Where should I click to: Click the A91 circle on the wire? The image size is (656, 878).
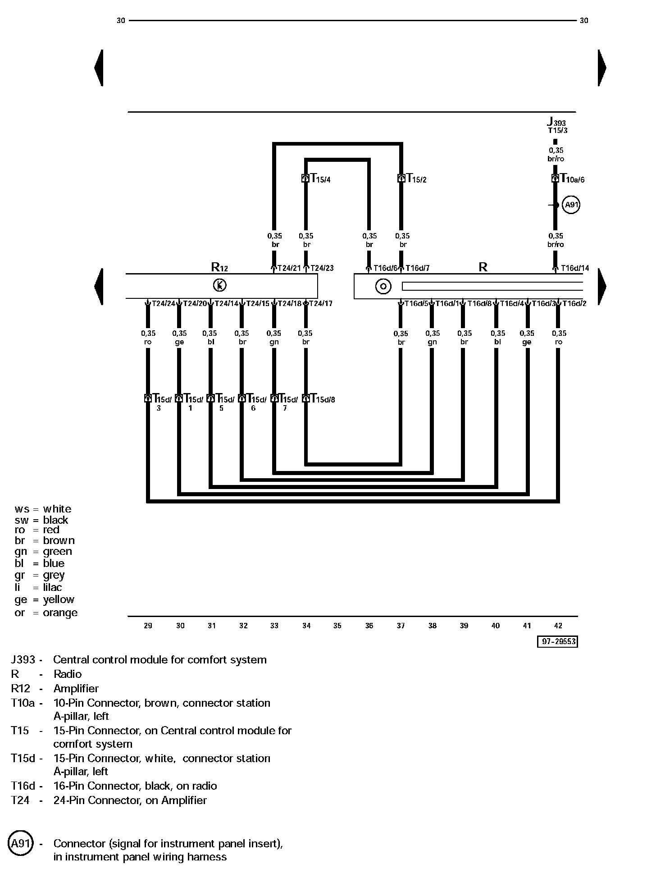click(571, 205)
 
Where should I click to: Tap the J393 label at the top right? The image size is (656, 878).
click(556, 121)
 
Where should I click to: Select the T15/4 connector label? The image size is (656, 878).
click(321, 178)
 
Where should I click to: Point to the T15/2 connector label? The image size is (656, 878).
click(417, 178)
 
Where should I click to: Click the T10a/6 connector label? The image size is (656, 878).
click(572, 178)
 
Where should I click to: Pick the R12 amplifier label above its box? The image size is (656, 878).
click(219, 267)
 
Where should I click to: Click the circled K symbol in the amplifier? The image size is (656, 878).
click(219, 285)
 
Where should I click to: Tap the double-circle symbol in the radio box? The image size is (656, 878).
click(383, 286)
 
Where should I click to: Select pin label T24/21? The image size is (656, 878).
click(289, 268)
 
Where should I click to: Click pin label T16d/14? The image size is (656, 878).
click(575, 268)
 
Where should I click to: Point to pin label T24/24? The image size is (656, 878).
click(164, 303)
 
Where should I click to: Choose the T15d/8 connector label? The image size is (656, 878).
click(323, 399)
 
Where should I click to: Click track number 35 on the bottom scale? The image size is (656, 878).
click(337, 626)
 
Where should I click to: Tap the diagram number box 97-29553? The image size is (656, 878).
click(557, 641)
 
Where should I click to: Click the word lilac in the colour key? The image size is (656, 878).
click(52, 587)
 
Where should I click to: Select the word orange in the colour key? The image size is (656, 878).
click(60, 613)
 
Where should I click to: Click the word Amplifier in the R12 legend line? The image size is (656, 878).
click(76, 688)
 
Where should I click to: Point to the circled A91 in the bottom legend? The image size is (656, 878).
click(21, 843)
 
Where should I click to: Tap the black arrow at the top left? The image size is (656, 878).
click(99, 68)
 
